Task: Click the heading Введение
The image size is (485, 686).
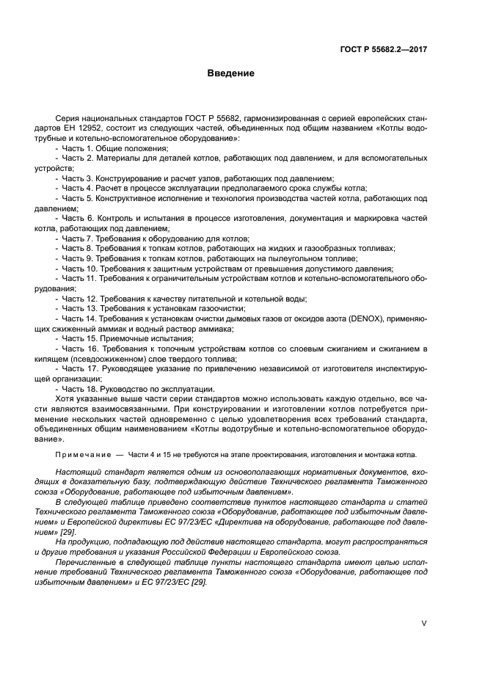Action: pyautogui.click(x=230, y=73)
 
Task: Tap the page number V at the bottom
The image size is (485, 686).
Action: pyautogui.click(x=423, y=623)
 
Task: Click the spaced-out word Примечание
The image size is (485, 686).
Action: pyautogui.click(x=81, y=455)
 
